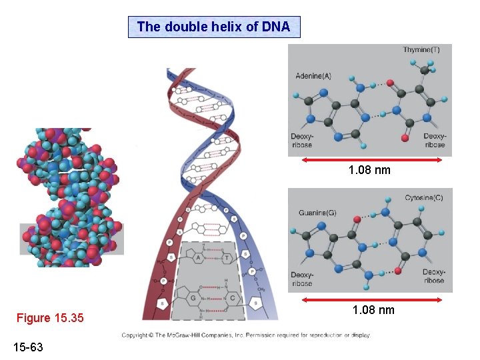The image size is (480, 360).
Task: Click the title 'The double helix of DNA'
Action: pos(213,27)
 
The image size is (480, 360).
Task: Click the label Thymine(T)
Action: pos(421,50)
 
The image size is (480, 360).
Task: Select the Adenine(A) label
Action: pos(313,76)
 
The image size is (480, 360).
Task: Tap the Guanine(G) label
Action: pos(316,213)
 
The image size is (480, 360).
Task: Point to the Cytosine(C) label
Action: pos(423,198)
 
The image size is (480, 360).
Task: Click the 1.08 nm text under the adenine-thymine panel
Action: pos(369,171)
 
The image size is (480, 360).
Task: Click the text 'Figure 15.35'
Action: pos(50,318)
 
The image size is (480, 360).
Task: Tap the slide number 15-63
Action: pos(27,346)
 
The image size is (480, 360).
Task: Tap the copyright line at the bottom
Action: pos(245,335)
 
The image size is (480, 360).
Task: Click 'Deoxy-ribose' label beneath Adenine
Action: pos(301,141)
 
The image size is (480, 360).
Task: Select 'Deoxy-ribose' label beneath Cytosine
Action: pos(433,277)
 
